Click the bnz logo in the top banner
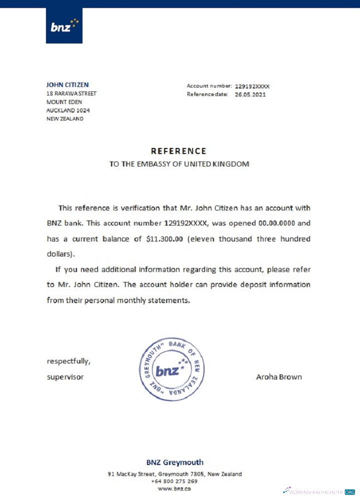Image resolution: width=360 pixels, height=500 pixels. (64, 25)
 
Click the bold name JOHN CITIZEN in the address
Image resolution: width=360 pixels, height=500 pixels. (67, 85)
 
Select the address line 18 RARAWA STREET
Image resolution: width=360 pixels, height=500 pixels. (71, 93)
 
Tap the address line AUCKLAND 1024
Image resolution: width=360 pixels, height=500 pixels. (68, 110)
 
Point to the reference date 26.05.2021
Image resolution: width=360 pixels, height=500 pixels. (250, 94)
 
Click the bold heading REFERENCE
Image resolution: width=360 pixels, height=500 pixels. (178, 151)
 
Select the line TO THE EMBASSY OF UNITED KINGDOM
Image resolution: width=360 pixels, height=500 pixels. (179, 163)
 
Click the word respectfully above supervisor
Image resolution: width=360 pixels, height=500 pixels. (69, 361)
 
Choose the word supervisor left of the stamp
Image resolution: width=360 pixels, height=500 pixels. (65, 377)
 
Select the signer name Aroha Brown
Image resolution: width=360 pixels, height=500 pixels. (278, 377)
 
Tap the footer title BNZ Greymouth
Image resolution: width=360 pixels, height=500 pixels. (174, 462)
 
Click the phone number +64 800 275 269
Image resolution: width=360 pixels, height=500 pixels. (174, 481)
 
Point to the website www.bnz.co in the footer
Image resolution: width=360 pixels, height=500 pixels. (174, 488)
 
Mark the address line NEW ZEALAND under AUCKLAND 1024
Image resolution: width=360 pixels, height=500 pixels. (65, 119)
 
